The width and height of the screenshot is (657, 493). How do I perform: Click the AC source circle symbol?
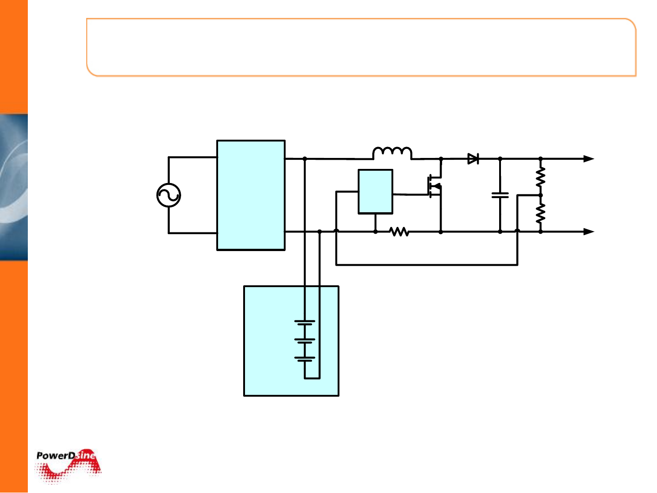click(x=169, y=195)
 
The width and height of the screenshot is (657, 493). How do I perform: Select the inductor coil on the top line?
click(x=392, y=153)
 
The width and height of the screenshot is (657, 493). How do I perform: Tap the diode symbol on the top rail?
click(x=473, y=159)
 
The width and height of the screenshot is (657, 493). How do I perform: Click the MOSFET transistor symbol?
click(x=435, y=186)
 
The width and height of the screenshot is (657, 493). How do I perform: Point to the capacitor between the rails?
click(x=500, y=195)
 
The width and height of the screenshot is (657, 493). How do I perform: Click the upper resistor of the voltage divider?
click(x=541, y=177)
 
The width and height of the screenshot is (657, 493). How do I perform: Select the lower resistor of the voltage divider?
click(x=541, y=213)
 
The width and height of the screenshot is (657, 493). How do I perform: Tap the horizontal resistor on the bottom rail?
click(x=400, y=232)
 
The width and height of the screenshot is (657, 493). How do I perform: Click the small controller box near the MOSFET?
click(x=375, y=191)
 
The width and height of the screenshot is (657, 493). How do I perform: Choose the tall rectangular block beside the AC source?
click(x=251, y=195)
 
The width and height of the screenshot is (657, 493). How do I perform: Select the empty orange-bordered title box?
click(x=361, y=47)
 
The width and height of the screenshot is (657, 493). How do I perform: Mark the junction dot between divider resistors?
click(x=541, y=195)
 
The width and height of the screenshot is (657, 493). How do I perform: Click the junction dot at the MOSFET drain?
click(x=441, y=159)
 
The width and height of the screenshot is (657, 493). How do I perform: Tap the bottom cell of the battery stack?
click(x=305, y=359)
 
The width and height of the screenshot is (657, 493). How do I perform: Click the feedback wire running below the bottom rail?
click(x=427, y=264)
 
